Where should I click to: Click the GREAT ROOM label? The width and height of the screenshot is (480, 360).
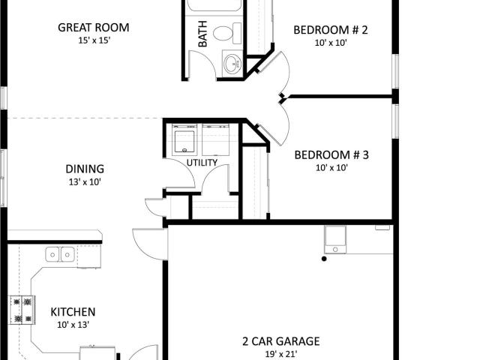coord(93,28)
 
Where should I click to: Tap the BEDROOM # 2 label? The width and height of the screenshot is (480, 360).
coord(331,30)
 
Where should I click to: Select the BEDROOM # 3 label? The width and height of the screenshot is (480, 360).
coord(331,155)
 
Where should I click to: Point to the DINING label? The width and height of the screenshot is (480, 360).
coord(85,169)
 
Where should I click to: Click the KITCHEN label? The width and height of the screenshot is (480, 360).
coord(73,312)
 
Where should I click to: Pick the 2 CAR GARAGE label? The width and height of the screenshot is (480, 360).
coord(281,341)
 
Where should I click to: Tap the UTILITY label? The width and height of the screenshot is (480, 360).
coord(202,163)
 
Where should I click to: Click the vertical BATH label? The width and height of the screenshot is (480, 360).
coord(202,34)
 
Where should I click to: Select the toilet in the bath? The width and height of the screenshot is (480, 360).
coord(227,33)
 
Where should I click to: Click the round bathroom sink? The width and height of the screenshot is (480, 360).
coord(232,64)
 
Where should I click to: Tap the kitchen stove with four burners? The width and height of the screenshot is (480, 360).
coord(22,310)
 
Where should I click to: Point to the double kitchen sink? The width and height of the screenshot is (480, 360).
coord(60,254)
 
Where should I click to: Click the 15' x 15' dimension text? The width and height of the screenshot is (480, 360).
coord(94,40)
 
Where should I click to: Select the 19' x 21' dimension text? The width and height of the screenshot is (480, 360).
coord(281,354)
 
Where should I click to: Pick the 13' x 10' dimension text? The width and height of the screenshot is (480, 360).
coord(85,182)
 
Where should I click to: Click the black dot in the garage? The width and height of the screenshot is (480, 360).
coord(324,259)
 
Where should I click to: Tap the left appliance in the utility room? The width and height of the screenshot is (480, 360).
coord(184,139)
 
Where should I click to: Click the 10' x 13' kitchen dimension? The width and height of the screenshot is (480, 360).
coord(73,325)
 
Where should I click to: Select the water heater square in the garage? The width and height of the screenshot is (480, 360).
coord(335,240)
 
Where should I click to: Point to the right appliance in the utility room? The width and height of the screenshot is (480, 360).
coord(216,139)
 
